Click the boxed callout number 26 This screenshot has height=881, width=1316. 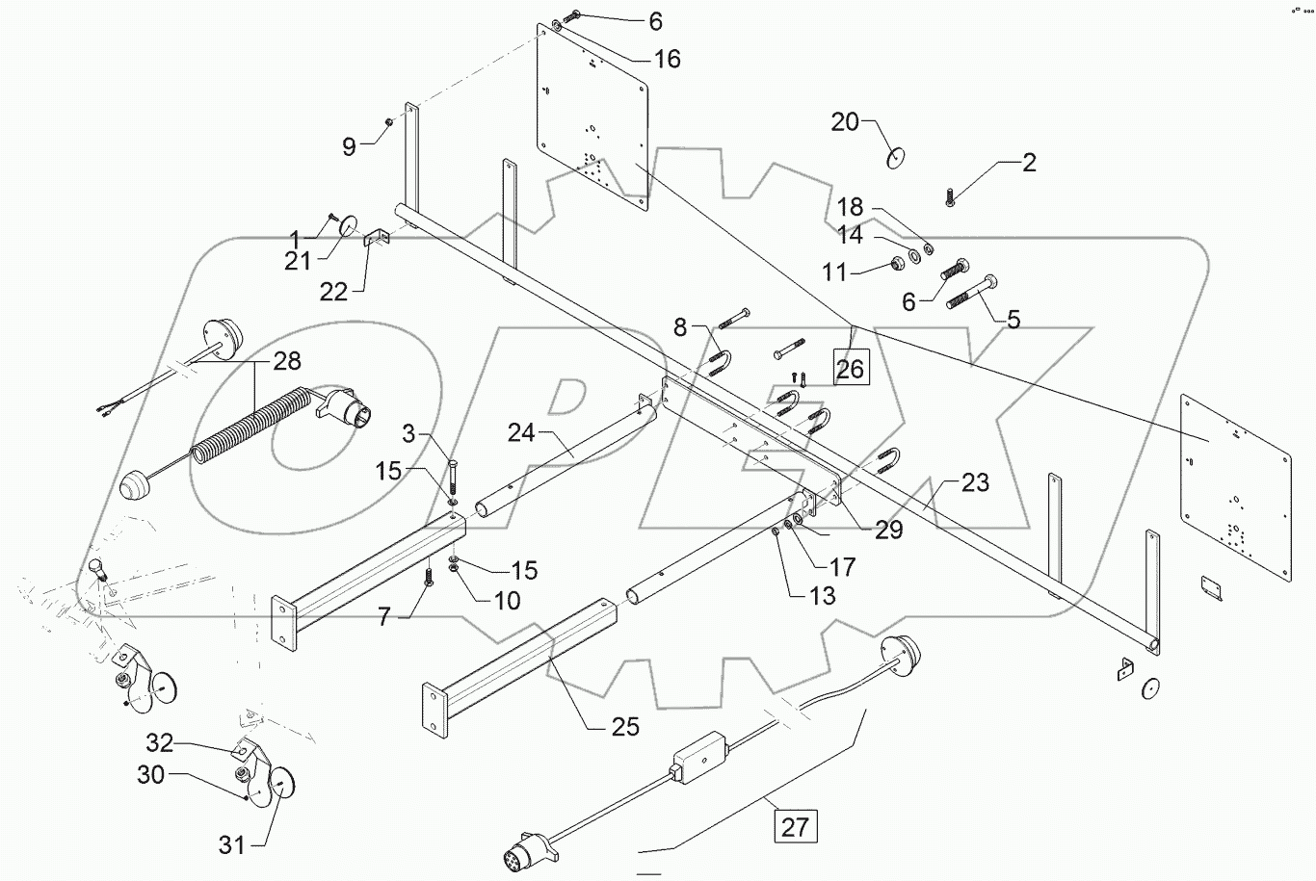click(x=850, y=367)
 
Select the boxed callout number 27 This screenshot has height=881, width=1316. click(x=794, y=826)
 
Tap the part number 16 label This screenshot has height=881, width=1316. click(x=667, y=60)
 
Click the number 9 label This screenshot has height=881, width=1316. click(x=349, y=146)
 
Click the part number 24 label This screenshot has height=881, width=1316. click(x=521, y=433)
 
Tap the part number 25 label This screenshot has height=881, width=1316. click(x=625, y=726)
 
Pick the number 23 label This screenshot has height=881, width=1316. click(x=975, y=482)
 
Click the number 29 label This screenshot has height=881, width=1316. click(x=888, y=529)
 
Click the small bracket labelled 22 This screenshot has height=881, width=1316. click(x=374, y=239)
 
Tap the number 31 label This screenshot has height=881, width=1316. click(x=231, y=845)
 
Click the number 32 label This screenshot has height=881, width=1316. click(x=160, y=742)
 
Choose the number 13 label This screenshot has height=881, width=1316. click(x=823, y=596)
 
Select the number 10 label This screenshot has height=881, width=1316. click(x=507, y=601)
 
